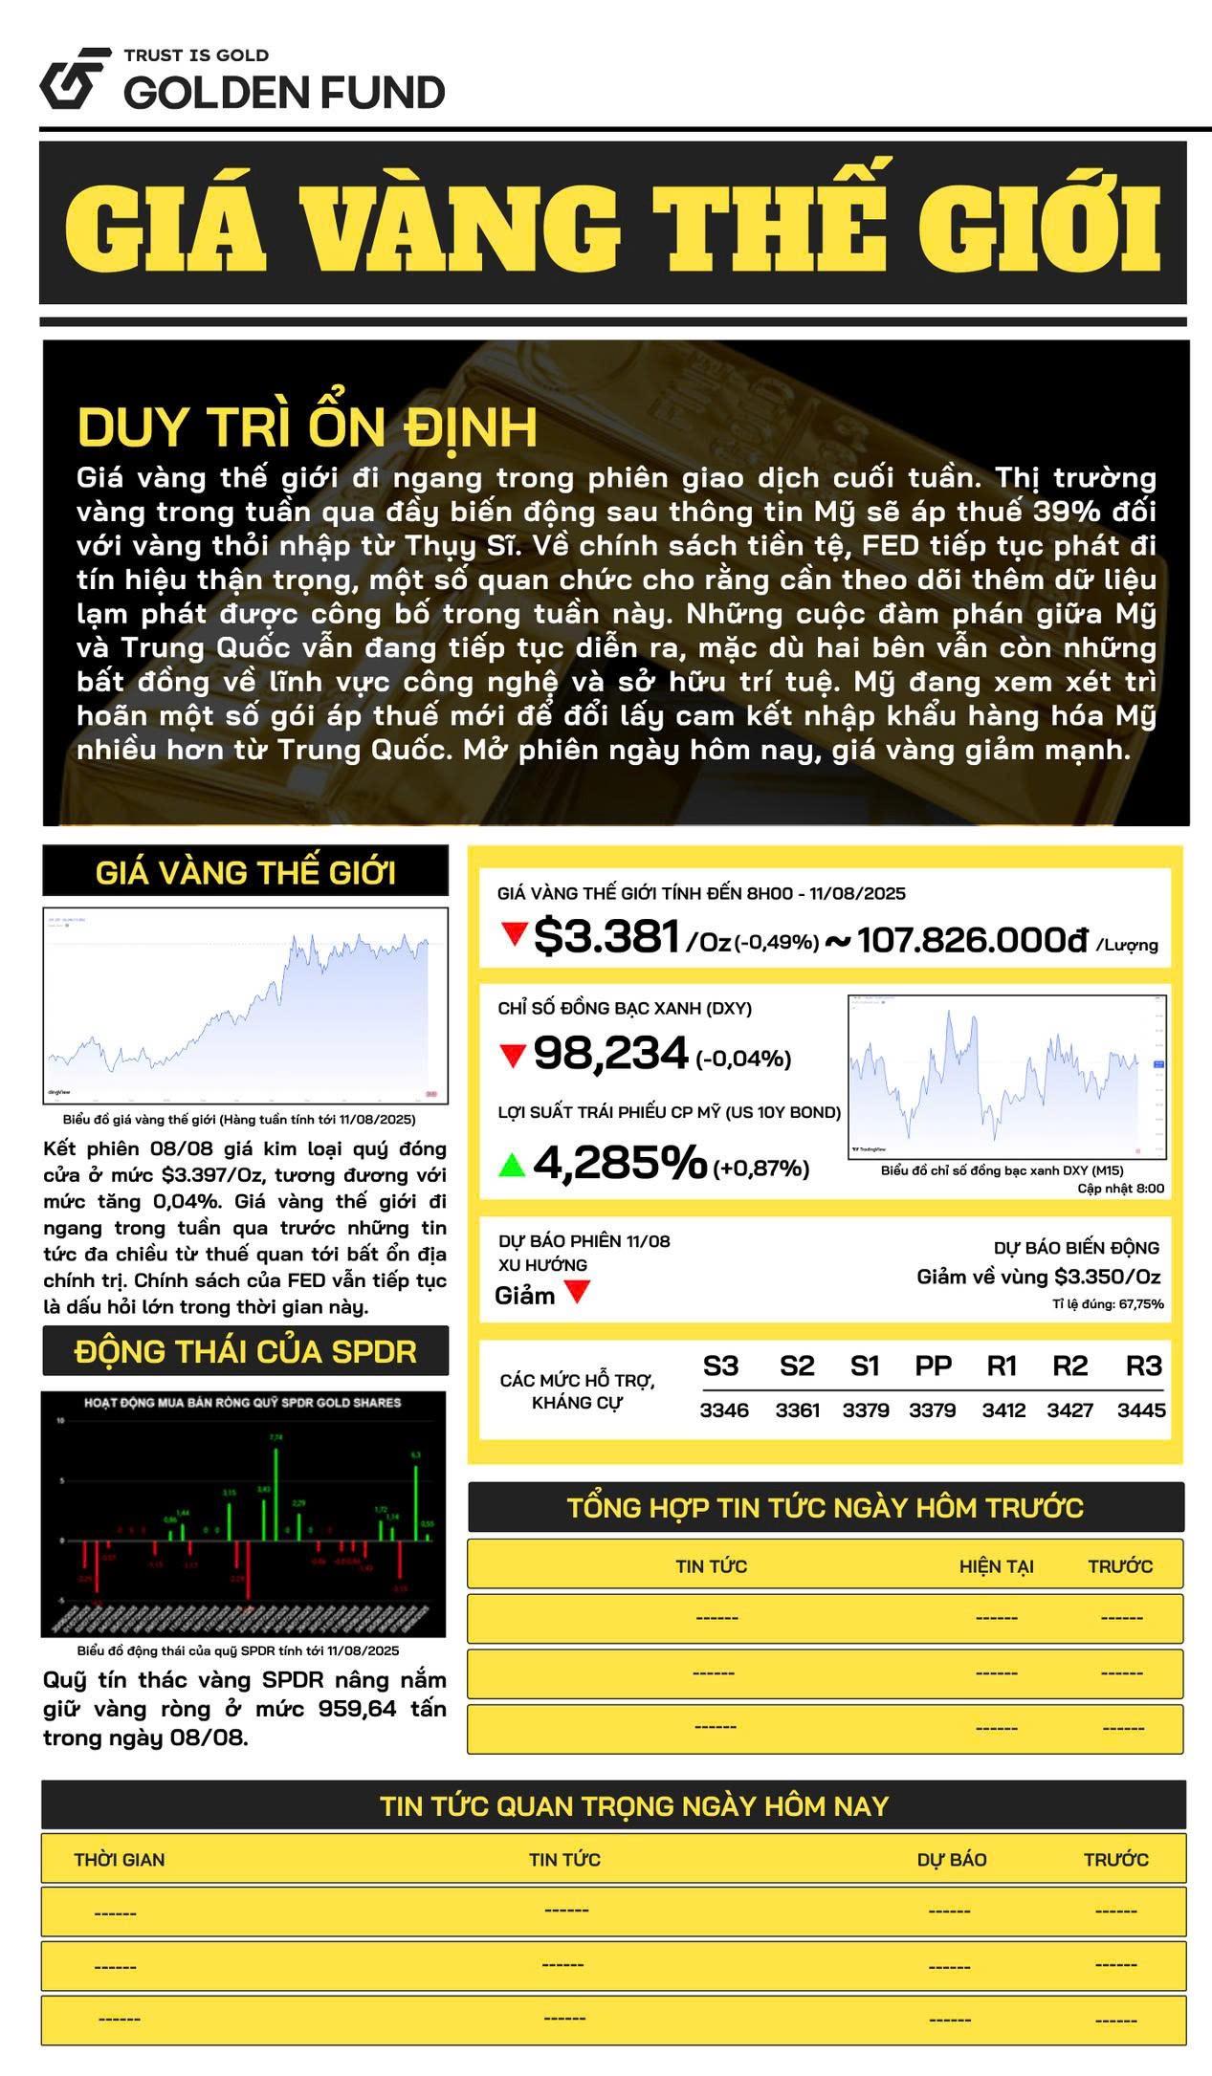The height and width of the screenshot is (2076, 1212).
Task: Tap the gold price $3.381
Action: click(x=606, y=936)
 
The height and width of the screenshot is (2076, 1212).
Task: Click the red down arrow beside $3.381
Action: click(x=515, y=933)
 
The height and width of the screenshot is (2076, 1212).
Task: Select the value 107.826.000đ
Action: click(x=973, y=940)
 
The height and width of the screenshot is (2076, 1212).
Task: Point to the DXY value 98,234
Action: click(x=610, y=1054)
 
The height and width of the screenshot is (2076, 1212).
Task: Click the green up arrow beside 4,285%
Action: click(x=513, y=1165)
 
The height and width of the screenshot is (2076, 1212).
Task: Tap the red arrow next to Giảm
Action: click(x=578, y=1293)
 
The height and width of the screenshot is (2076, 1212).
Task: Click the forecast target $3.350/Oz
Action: click(x=1107, y=1277)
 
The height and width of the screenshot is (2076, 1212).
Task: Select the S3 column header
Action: click(x=720, y=1366)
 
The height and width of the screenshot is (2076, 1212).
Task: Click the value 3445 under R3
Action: click(x=1141, y=1410)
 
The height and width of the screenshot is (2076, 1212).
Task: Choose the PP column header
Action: click(x=933, y=1366)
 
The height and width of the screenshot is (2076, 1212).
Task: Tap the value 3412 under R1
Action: click(x=1003, y=1410)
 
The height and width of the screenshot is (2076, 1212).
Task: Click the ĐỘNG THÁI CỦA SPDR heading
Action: click(x=246, y=1352)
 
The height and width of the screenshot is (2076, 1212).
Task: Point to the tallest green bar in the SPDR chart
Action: click(x=276, y=1493)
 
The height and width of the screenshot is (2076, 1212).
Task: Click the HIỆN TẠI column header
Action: click(x=997, y=1566)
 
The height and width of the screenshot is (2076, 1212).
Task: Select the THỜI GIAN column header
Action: click(x=120, y=1860)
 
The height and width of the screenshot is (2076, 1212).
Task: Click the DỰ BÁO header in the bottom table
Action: click(x=952, y=1860)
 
